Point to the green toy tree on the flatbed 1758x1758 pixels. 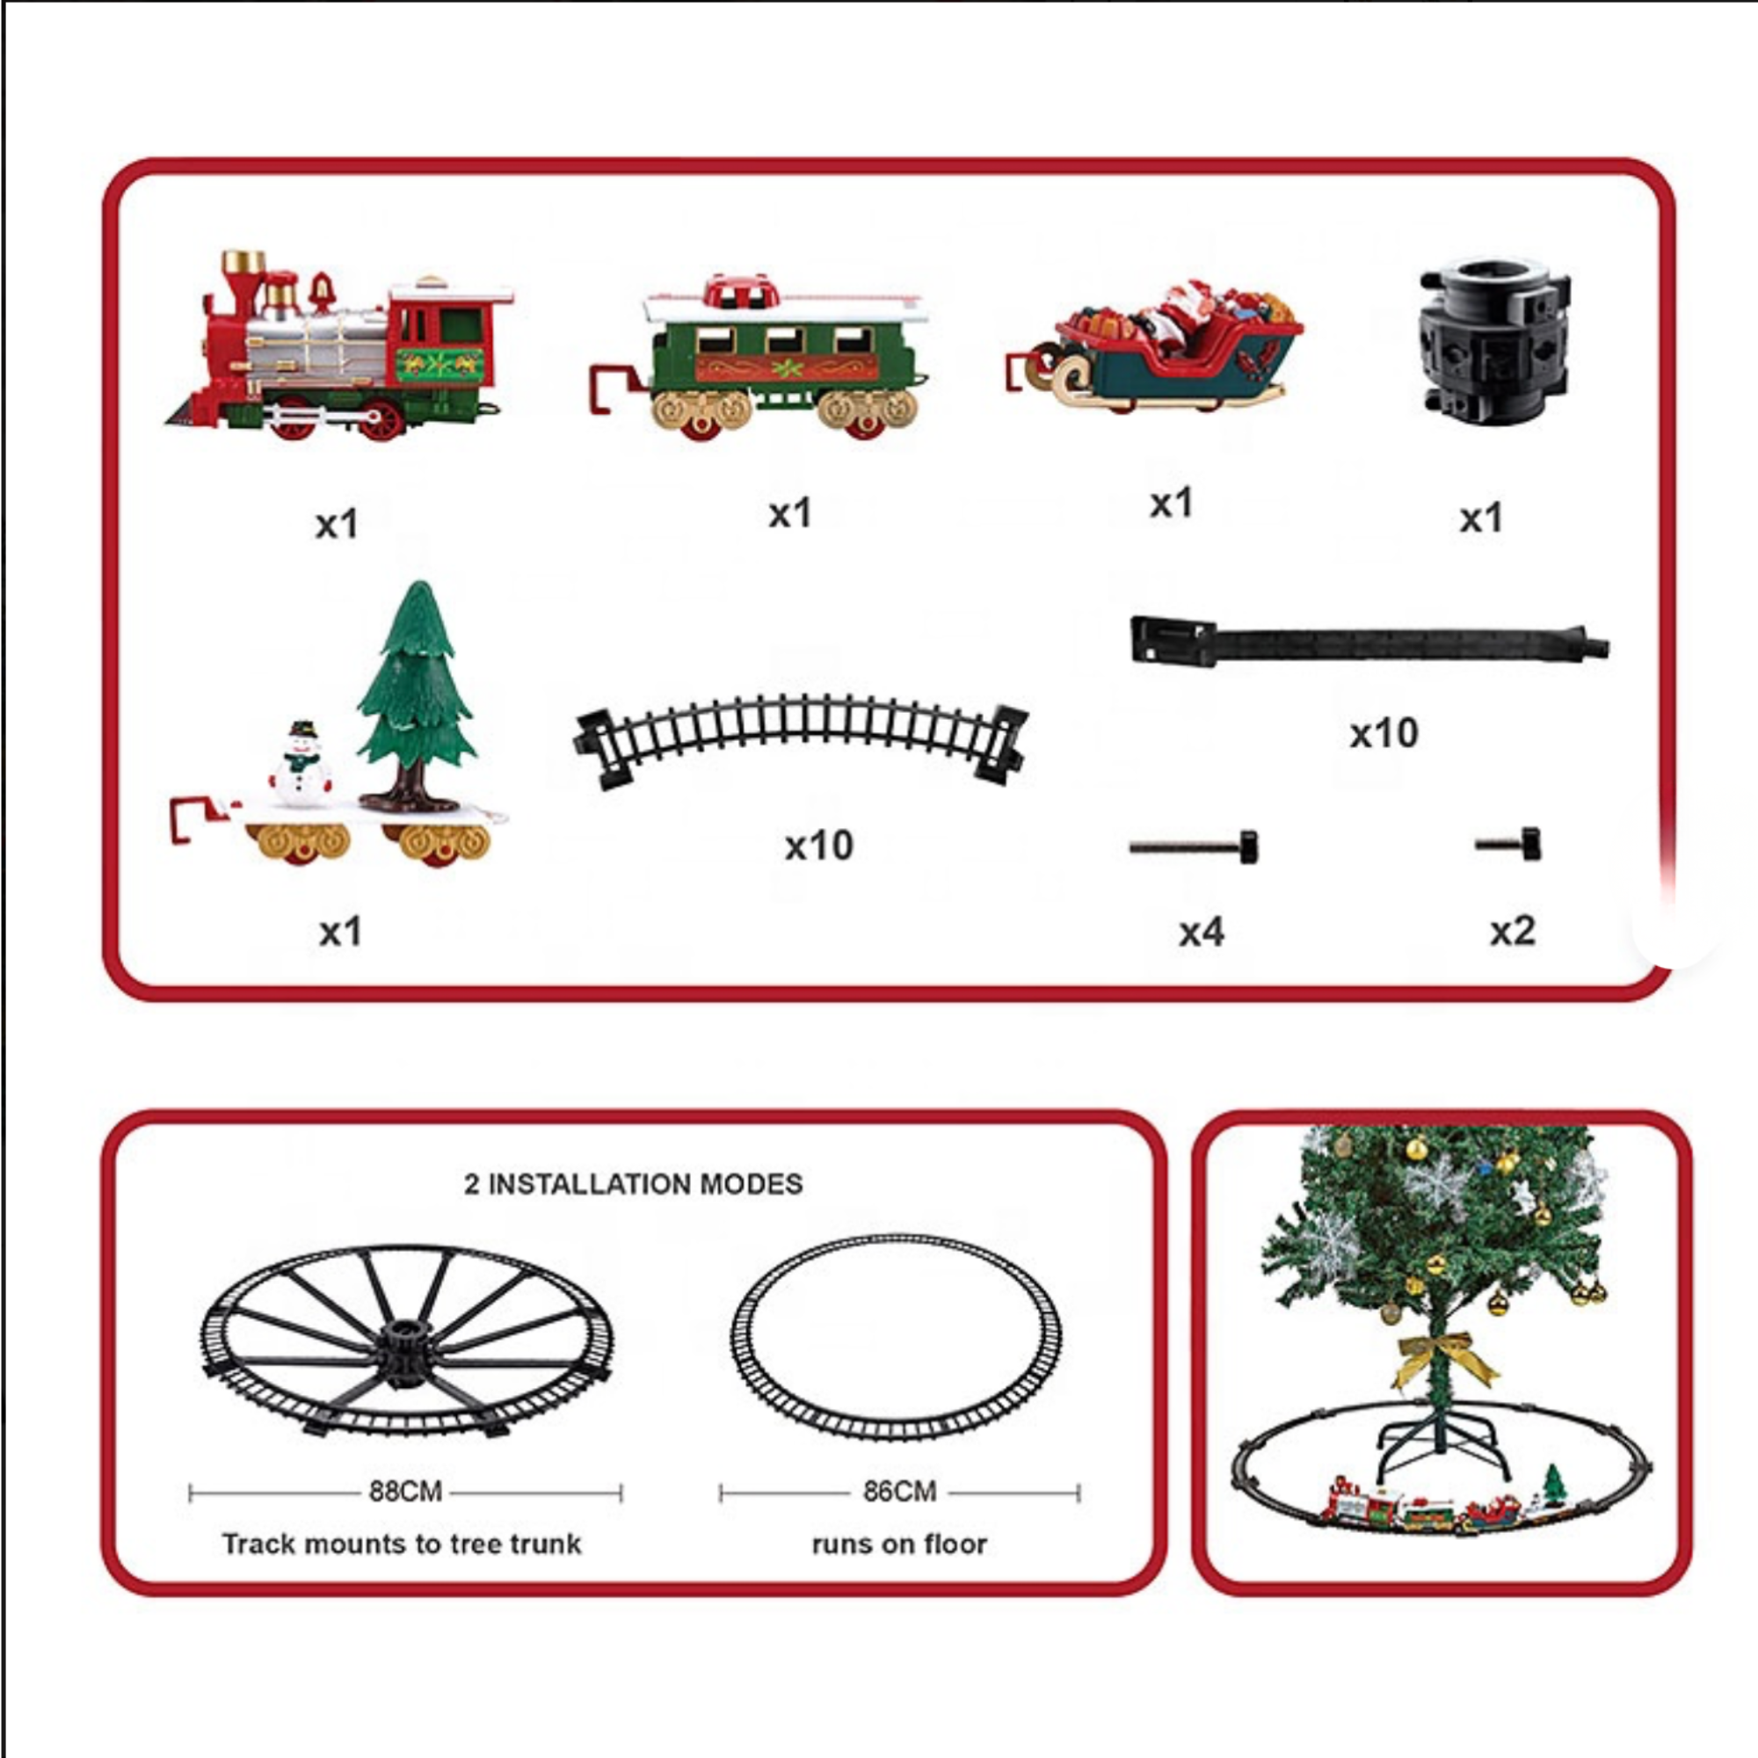click(x=415, y=697)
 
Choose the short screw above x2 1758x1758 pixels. click(x=1508, y=844)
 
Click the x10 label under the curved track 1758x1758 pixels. click(x=819, y=846)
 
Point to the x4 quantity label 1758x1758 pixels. click(x=1201, y=932)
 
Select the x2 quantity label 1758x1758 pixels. click(x=1512, y=930)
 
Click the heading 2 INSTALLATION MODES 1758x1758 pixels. click(x=633, y=1184)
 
